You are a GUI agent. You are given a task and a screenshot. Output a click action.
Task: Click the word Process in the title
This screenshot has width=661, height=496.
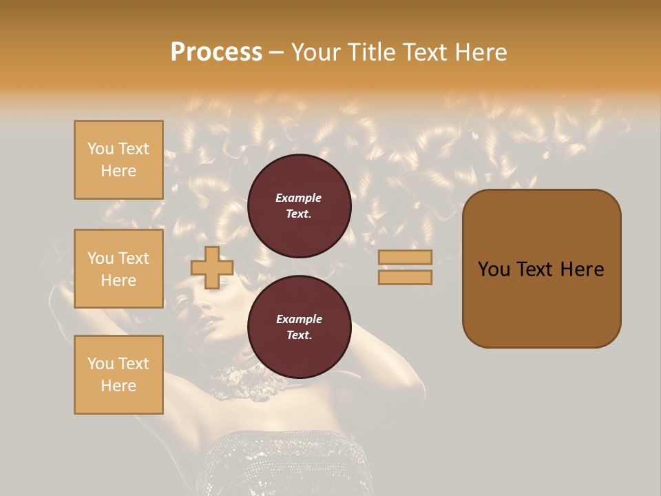[x=216, y=52]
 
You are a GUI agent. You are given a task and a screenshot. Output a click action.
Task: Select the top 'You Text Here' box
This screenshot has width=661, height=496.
[x=118, y=160]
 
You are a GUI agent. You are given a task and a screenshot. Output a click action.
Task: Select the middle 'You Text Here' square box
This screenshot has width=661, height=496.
[x=118, y=269]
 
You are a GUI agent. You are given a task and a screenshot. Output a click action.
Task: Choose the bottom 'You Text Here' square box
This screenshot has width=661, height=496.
[x=118, y=375]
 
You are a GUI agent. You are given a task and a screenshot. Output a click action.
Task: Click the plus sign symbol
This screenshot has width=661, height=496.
[x=211, y=267]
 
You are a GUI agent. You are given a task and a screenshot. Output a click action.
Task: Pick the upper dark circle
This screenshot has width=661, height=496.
[x=300, y=206]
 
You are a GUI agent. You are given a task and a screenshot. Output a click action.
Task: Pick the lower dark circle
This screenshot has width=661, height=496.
[x=300, y=327]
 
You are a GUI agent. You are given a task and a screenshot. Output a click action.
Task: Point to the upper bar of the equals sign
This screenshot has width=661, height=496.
[x=405, y=257]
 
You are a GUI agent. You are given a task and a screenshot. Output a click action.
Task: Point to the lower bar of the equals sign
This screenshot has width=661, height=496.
[x=405, y=277]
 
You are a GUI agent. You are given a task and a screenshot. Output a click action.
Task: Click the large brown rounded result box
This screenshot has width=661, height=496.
[x=541, y=303]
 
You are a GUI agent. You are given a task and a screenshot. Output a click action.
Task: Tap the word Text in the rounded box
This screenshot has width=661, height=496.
[x=541, y=269]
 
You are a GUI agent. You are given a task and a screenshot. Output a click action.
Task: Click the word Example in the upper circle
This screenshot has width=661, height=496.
[x=299, y=198]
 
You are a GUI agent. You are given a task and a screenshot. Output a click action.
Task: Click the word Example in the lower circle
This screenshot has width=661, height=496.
[x=299, y=319]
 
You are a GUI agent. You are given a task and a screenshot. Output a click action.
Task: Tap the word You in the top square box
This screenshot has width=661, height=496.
[x=101, y=149]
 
